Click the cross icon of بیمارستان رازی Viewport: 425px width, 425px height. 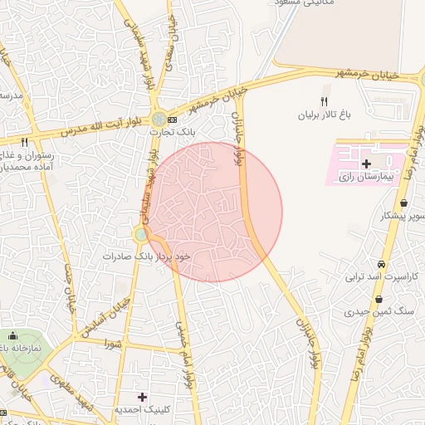point(366,164)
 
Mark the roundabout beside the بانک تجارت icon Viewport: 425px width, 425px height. point(158,120)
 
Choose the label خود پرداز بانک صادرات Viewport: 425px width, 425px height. point(148,256)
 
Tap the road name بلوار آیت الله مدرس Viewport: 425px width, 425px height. point(88,129)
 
